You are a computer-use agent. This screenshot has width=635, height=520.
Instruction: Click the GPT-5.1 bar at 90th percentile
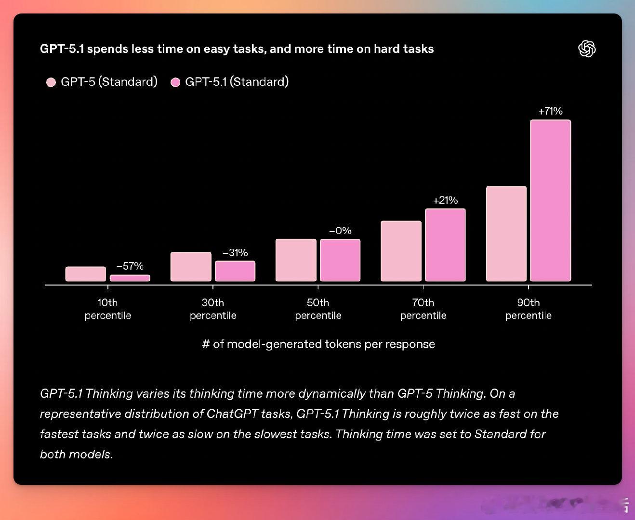(550, 200)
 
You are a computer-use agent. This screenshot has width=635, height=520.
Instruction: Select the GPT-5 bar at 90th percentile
(506, 234)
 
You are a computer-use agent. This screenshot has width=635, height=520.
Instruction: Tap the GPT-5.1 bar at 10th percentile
(130, 278)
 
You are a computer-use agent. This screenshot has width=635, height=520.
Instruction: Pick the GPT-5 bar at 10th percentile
(86, 274)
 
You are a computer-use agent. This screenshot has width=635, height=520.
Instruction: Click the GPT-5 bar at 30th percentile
(191, 266)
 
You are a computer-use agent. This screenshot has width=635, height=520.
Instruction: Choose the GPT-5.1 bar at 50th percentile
(340, 260)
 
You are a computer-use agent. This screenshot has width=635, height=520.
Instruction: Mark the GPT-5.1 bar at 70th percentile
(445, 245)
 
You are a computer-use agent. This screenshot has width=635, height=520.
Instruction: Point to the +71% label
(550, 111)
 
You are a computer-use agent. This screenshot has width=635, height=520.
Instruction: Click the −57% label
(130, 266)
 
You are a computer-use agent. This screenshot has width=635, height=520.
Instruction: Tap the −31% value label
(235, 253)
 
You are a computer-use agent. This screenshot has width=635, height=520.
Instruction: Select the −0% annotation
(340, 231)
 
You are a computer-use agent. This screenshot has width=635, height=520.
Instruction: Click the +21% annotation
(445, 200)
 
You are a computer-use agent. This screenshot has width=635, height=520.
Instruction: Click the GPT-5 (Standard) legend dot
(51, 82)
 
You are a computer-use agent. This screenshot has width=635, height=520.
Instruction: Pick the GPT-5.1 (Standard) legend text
(237, 82)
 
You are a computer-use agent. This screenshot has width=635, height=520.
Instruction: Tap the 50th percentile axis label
(318, 309)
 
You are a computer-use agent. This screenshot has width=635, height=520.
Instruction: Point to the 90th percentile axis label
(528, 309)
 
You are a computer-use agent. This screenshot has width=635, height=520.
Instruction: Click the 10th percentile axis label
(108, 309)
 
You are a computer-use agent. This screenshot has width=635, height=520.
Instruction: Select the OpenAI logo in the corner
(586, 49)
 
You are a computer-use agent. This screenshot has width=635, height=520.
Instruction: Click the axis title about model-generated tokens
(318, 344)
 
